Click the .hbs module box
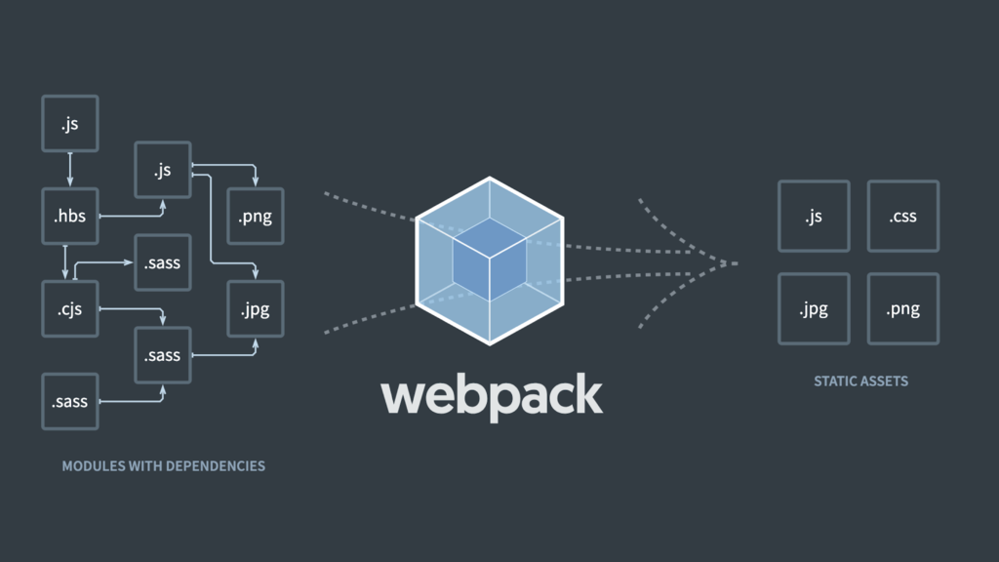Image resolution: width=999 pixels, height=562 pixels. point(69,216)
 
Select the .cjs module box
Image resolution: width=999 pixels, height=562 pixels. point(69,309)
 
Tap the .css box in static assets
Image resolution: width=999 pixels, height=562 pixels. point(902,216)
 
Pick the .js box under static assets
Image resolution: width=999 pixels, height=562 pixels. point(814,216)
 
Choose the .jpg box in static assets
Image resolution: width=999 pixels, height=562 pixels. point(814,309)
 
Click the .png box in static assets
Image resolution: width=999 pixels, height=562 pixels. point(902,309)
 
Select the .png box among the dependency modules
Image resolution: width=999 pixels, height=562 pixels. point(255,216)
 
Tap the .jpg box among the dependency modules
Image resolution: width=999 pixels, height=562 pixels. point(255,309)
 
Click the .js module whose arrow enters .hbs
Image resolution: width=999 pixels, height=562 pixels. point(69,124)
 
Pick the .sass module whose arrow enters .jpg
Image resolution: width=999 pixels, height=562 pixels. point(162,355)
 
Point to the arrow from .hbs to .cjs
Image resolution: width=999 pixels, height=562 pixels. point(65,261)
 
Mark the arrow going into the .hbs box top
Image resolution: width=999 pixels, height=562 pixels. point(69,170)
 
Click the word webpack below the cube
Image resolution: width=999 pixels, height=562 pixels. point(491,395)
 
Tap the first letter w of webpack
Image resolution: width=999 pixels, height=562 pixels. point(401,396)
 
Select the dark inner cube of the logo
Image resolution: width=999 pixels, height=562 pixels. point(490,259)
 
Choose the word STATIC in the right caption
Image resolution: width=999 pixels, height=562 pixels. point(835,381)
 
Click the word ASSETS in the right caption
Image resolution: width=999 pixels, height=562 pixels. point(884,381)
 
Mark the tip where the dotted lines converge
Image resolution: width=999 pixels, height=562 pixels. point(736,262)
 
